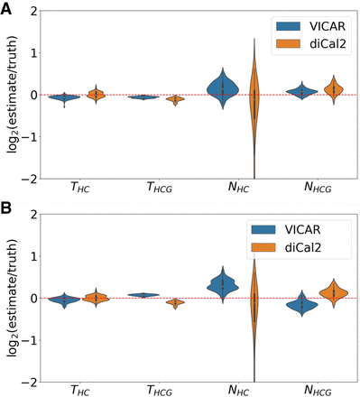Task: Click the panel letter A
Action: point(7,7)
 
